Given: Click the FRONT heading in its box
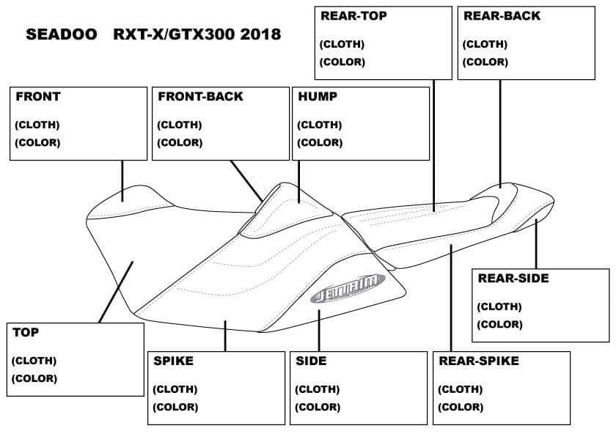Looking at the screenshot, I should [38, 97].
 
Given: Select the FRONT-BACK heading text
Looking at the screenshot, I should [200, 97].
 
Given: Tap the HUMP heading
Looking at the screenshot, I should [318, 97].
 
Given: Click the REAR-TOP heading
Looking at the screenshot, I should [353, 15].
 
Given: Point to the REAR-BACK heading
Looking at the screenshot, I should [502, 15].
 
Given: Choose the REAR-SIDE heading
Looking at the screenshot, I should [513, 279].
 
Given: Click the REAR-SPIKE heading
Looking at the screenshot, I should [479, 361].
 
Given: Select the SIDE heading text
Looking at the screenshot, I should [311, 361].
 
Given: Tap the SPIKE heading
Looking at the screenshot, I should [173, 361].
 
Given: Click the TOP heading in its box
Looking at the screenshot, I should [26, 332].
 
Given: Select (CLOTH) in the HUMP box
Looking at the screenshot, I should [319, 125].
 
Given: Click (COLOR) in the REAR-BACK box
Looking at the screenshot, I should [485, 62].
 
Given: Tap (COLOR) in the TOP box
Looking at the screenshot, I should [34, 378].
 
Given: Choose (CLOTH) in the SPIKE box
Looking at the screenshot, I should [175, 389].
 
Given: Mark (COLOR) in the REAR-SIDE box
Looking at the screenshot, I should [499, 324].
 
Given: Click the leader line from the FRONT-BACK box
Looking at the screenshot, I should [246, 180].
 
